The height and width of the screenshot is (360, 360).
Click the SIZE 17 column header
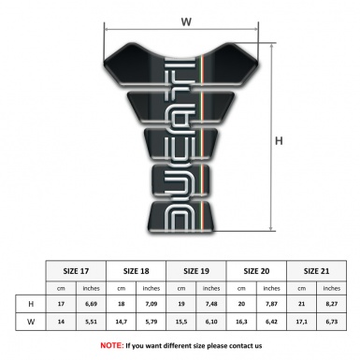77,269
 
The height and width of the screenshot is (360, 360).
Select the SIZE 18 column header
137,269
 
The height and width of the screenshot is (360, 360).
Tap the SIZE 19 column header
195,269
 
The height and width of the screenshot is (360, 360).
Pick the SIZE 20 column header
255,269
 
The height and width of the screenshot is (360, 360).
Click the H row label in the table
32,304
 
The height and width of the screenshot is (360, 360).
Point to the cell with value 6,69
92,304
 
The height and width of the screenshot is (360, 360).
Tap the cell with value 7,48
211,304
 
